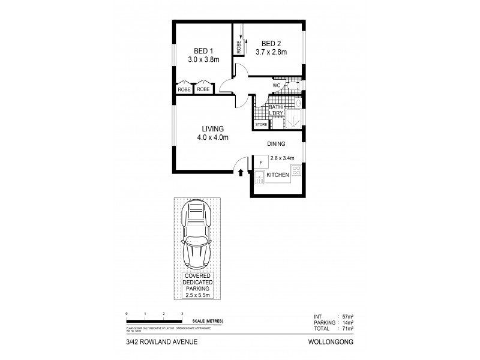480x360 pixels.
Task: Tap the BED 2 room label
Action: tap(271, 44)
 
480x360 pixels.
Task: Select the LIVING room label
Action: tap(213, 129)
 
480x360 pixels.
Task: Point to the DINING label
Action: tap(276, 144)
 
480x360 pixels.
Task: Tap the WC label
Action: tap(276, 86)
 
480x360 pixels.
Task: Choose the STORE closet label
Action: tap(262, 125)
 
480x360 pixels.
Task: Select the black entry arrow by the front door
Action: tap(241, 173)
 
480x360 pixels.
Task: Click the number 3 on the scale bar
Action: tap(182, 314)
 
